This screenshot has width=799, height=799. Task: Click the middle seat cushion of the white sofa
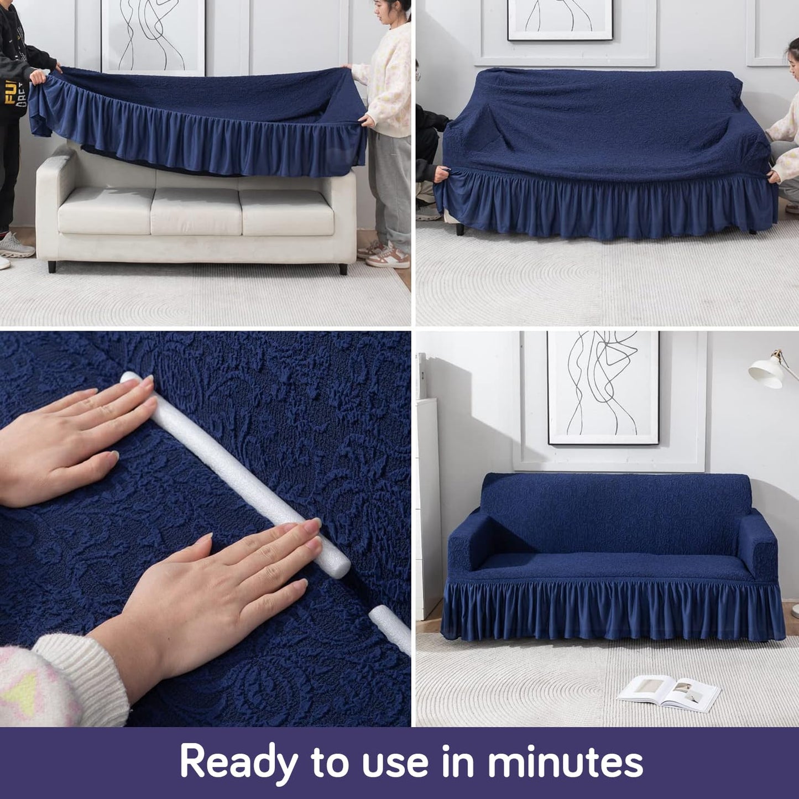pyautogui.click(x=195, y=211)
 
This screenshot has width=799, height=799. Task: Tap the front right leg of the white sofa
pyautogui.click(x=343, y=269)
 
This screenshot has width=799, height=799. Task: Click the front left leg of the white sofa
pyautogui.click(x=51, y=267)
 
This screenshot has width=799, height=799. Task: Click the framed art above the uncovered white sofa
pyautogui.click(x=153, y=36)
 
